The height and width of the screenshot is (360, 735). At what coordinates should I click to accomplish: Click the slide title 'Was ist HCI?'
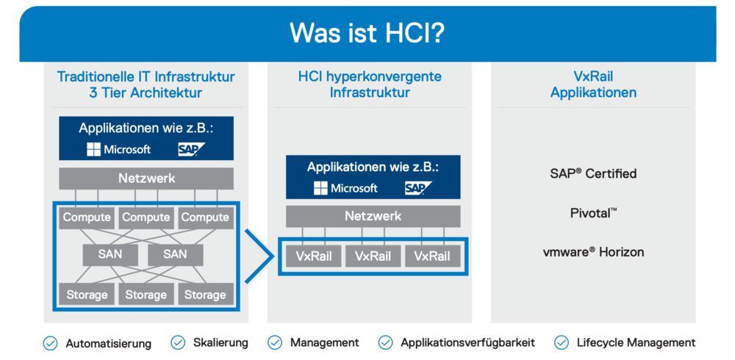367,33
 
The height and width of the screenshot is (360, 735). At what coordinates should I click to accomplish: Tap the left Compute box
87,217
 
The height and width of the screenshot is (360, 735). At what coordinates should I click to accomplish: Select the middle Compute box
146,217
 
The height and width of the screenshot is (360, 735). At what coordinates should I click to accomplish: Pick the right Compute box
205,217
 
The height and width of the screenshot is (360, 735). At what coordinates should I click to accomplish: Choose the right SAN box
175,254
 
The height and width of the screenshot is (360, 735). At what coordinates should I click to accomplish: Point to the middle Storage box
146,295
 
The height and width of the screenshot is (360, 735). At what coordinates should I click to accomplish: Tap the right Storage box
205,295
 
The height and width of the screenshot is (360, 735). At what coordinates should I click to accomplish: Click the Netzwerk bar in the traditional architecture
146,179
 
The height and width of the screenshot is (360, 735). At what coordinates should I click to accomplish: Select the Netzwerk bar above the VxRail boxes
373,216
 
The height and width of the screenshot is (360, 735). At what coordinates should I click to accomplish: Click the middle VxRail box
373,256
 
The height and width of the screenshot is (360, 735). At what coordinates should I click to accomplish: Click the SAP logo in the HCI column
417,188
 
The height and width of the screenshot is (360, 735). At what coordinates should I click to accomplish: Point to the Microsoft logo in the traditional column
118,150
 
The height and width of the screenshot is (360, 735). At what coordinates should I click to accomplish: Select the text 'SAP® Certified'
592,174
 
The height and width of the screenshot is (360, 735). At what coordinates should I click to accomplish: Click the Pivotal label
592,213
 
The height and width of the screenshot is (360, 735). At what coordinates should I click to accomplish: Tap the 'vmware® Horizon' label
592,252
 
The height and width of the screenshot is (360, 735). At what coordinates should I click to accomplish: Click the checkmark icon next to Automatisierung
50,343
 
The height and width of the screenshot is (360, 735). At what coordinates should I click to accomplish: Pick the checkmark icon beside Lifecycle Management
562,342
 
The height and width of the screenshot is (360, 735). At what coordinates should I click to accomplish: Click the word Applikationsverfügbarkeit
467,342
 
